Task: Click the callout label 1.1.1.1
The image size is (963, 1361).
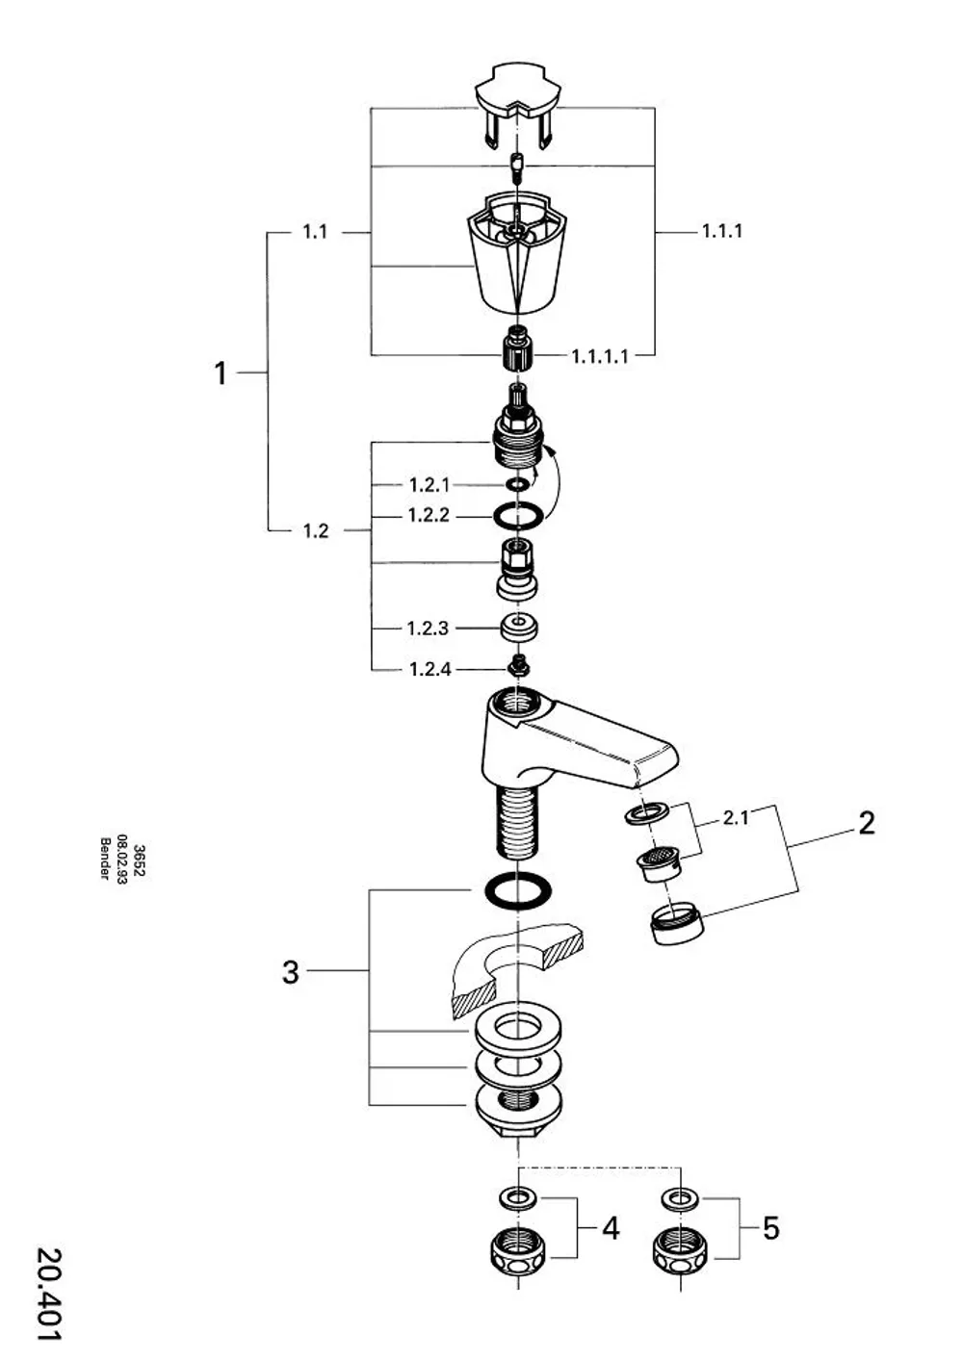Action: pyautogui.click(x=599, y=356)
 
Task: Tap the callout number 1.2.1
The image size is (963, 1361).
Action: pyautogui.click(x=429, y=485)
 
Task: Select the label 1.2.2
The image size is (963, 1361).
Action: pyautogui.click(x=429, y=515)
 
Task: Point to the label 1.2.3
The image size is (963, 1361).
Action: pyautogui.click(x=428, y=629)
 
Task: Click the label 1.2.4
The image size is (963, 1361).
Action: pyautogui.click(x=429, y=669)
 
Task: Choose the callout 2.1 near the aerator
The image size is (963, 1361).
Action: pyautogui.click(x=736, y=818)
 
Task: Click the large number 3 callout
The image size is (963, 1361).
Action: pyautogui.click(x=291, y=972)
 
